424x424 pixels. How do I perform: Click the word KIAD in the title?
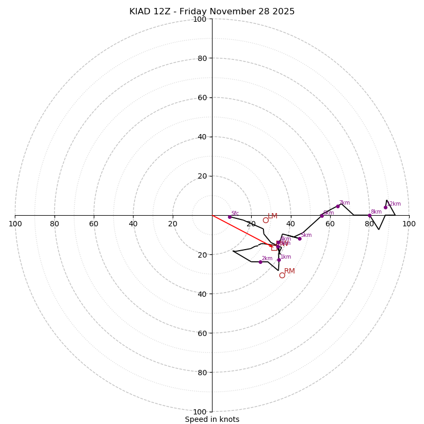[x=139, y=12]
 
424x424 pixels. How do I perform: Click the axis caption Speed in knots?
[x=212, y=419]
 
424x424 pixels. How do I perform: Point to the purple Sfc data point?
[x=229, y=217]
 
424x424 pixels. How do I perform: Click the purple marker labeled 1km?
[x=279, y=260]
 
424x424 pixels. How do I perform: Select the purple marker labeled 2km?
[x=260, y=262]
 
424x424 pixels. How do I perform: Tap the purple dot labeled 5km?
[x=299, y=238]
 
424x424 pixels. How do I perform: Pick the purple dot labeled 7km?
[x=338, y=206]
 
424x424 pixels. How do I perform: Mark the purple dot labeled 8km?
[x=369, y=215]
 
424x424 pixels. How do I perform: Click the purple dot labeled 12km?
[x=385, y=207]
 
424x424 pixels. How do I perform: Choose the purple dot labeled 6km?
[x=322, y=216]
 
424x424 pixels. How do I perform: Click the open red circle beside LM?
[x=266, y=220]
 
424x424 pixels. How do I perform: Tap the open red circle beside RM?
[x=282, y=275]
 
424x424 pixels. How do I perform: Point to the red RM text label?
[x=289, y=271]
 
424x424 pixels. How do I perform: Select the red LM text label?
[x=272, y=216]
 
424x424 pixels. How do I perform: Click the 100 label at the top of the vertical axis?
[x=199, y=19]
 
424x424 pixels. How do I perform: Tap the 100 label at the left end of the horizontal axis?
[x=15, y=224]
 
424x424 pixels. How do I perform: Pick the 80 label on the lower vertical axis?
[x=202, y=373]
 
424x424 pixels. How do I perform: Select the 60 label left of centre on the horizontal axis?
[x=94, y=224]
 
